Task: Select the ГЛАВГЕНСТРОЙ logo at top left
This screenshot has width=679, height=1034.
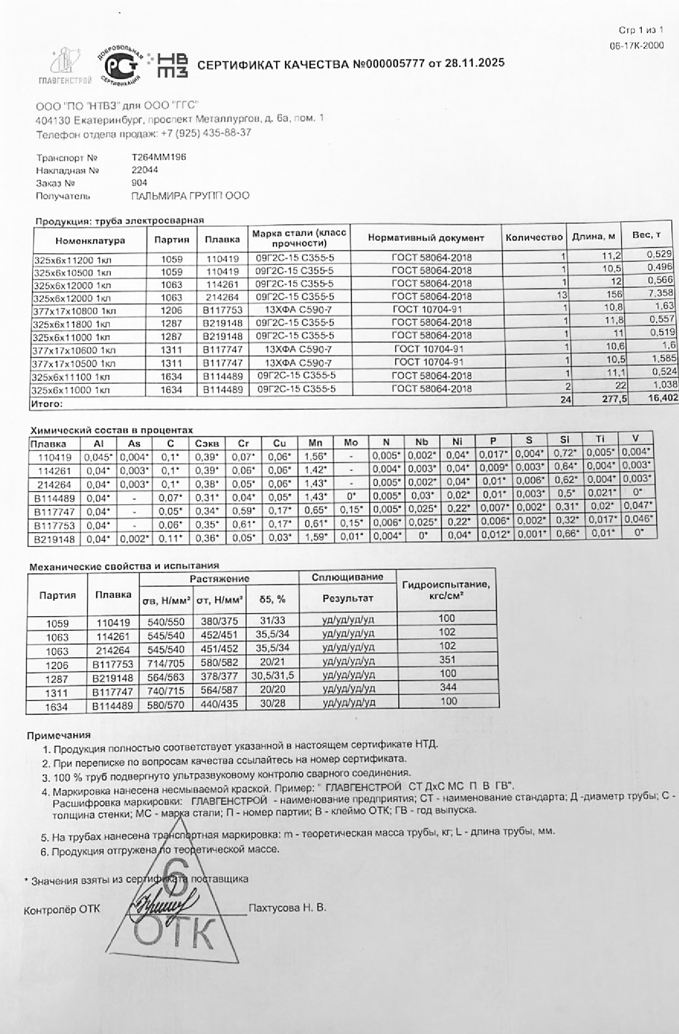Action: click(65, 66)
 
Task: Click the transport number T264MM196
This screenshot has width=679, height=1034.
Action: click(159, 157)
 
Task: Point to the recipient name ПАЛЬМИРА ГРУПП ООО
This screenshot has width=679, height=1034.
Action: click(190, 196)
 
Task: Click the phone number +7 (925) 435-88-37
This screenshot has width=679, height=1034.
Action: click(206, 133)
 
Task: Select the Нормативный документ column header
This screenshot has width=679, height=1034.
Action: click(426, 237)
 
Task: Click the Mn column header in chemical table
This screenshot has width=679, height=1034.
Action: click(315, 443)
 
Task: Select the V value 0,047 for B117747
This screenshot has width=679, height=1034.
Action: click(637, 505)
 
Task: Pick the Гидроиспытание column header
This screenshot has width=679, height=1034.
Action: click(446, 590)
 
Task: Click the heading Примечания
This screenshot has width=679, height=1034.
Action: click(59, 735)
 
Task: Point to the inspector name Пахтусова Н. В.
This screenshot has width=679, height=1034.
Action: click(287, 908)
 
